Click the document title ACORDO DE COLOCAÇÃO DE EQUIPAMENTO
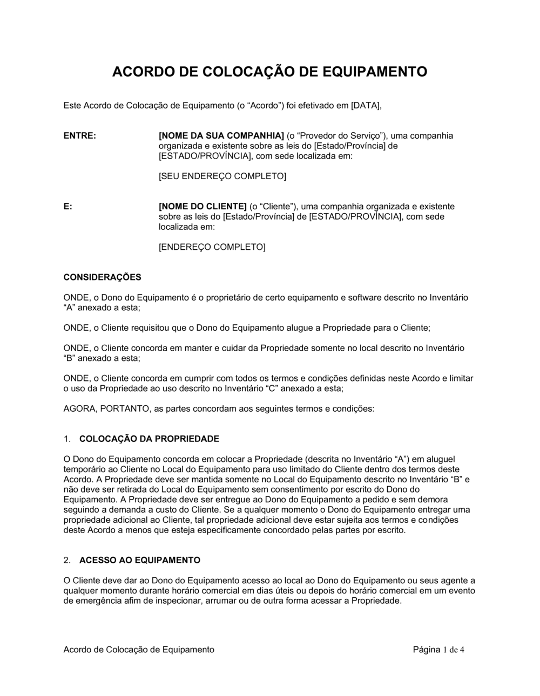(x=269, y=72)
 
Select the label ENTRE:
(x=80, y=135)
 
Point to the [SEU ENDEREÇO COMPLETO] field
(x=222, y=176)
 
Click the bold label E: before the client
(x=68, y=207)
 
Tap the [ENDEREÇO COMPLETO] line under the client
(x=212, y=247)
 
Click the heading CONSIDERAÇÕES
(x=102, y=277)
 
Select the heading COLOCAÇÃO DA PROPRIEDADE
(x=149, y=439)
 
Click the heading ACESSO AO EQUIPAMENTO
(x=139, y=560)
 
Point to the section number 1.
(x=67, y=439)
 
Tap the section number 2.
(x=67, y=560)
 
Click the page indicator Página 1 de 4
(x=438, y=650)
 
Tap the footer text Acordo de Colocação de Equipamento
(x=139, y=650)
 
